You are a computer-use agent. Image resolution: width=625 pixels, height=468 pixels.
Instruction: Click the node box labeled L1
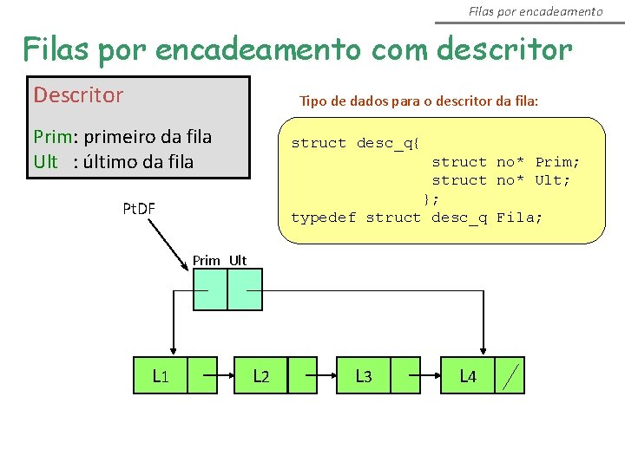point(161,375)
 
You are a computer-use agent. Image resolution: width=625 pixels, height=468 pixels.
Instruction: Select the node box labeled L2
point(260,375)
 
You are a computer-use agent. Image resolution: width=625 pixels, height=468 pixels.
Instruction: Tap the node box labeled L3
point(365,375)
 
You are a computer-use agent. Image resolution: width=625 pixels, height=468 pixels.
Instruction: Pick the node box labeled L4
point(468,375)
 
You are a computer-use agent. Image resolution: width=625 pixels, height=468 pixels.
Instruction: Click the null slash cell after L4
point(512,375)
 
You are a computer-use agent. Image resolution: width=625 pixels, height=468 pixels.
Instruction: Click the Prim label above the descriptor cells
point(207,260)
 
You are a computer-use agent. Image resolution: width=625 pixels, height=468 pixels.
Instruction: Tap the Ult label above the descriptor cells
point(238,260)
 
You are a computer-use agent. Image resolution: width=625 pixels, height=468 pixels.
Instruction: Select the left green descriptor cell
point(209,289)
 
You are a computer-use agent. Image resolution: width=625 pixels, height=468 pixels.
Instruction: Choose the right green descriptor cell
point(245,289)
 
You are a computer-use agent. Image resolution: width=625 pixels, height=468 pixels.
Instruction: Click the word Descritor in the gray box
point(78,95)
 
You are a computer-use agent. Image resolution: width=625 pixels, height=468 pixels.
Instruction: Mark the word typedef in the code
point(323,218)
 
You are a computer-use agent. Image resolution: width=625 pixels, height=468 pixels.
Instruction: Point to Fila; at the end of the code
point(519,218)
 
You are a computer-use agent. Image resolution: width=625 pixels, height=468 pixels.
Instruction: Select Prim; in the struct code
point(557,162)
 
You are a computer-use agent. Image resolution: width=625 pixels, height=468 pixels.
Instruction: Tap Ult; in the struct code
point(553,180)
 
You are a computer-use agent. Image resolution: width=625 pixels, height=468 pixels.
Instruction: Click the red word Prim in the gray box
point(50,137)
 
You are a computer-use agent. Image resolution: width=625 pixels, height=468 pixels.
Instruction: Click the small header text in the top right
point(535,11)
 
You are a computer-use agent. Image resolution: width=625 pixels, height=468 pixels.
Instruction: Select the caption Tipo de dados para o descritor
point(418,101)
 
